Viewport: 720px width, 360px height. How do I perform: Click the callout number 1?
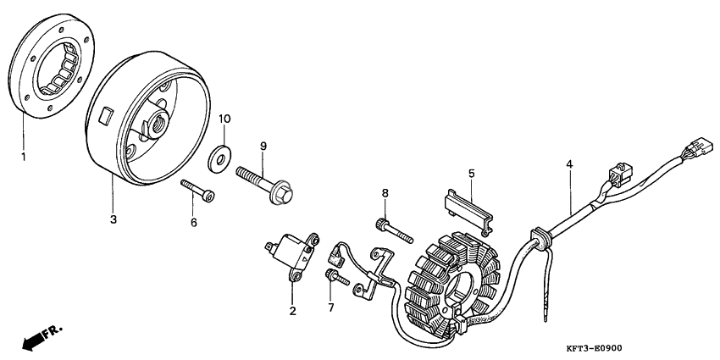coord(23,157)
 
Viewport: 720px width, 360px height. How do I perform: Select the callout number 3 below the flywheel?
coord(113,219)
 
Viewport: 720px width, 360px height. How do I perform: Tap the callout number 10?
coord(224,119)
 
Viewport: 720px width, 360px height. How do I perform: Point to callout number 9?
coord(263,146)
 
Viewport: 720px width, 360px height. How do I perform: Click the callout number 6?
coord(194,222)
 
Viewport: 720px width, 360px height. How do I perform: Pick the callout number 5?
coord(472,173)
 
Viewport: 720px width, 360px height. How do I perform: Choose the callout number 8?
coord(385,193)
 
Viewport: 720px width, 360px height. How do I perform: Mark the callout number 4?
coord(569,163)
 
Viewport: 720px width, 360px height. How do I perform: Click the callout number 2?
coord(292,311)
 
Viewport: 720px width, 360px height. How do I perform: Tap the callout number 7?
coord(331,307)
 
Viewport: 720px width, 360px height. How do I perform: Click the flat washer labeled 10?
coord(219,158)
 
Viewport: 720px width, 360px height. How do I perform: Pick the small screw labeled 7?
coord(337,277)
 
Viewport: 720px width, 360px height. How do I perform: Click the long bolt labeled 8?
coord(395,231)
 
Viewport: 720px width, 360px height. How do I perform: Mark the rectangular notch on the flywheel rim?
coord(107,115)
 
